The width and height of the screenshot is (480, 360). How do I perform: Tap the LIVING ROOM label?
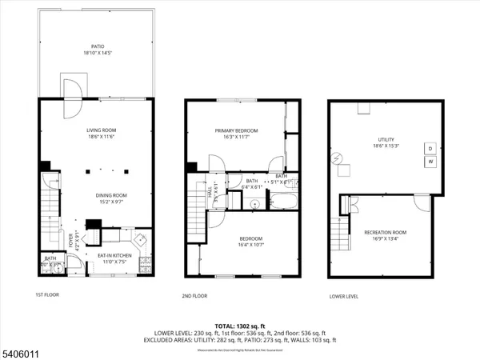102,134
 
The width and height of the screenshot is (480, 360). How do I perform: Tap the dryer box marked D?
430,149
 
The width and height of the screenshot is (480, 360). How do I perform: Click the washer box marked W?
430,162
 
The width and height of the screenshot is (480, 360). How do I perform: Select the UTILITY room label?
387,142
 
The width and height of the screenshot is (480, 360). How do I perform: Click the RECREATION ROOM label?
386,235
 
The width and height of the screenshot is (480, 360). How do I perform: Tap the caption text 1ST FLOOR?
47,295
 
